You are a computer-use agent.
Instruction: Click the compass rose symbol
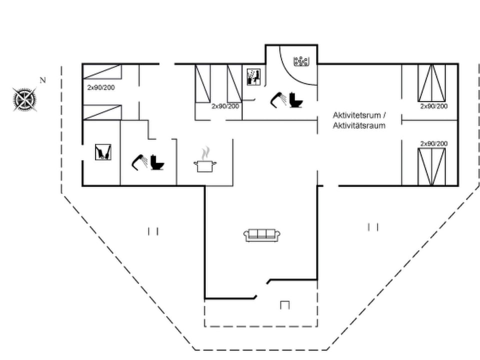click(x=24, y=99)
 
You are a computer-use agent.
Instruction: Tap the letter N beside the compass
click(x=42, y=80)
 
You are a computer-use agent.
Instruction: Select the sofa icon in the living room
click(x=262, y=235)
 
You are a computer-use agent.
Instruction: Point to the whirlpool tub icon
click(x=301, y=61)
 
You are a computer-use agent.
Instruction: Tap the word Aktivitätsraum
click(x=359, y=125)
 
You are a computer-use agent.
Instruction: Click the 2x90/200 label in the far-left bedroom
click(x=101, y=87)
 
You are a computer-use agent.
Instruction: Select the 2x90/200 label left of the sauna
click(x=225, y=106)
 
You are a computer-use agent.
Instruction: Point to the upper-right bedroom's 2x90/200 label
click(x=434, y=106)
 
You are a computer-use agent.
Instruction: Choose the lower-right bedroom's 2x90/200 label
click(x=434, y=143)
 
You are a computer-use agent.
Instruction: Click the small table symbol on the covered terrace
click(x=284, y=305)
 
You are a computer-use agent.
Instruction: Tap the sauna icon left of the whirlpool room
click(x=254, y=77)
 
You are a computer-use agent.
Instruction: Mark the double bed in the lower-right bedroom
click(x=431, y=167)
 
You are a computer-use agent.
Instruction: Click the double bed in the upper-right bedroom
click(x=431, y=83)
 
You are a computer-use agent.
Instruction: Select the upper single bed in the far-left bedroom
click(x=102, y=71)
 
